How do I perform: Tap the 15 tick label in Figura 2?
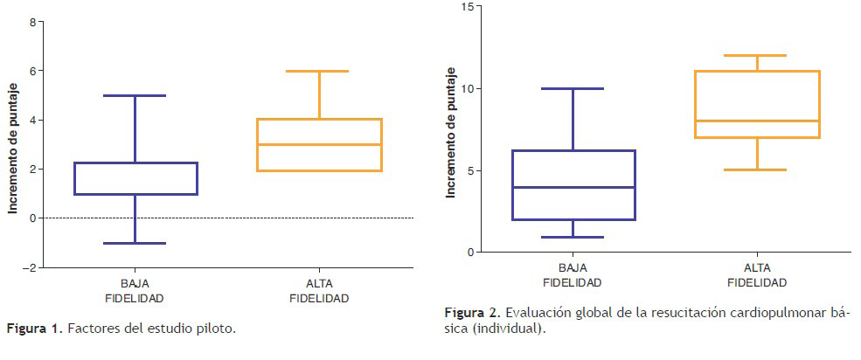(467, 7)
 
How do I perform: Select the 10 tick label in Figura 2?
(467, 88)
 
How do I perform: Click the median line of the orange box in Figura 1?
(319, 144)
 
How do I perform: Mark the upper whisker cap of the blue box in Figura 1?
(135, 95)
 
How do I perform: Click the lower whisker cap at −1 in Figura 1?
(135, 243)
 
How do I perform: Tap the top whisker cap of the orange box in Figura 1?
(319, 71)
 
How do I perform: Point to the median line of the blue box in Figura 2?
(573, 187)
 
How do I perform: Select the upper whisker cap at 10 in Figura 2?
(573, 88)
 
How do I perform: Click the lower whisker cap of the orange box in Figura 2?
(757, 170)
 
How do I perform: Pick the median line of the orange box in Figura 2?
(757, 121)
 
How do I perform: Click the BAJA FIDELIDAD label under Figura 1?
(135, 291)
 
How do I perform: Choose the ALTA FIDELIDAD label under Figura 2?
(757, 274)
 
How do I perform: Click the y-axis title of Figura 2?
(450, 131)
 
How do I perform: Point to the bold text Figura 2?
(472, 313)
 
